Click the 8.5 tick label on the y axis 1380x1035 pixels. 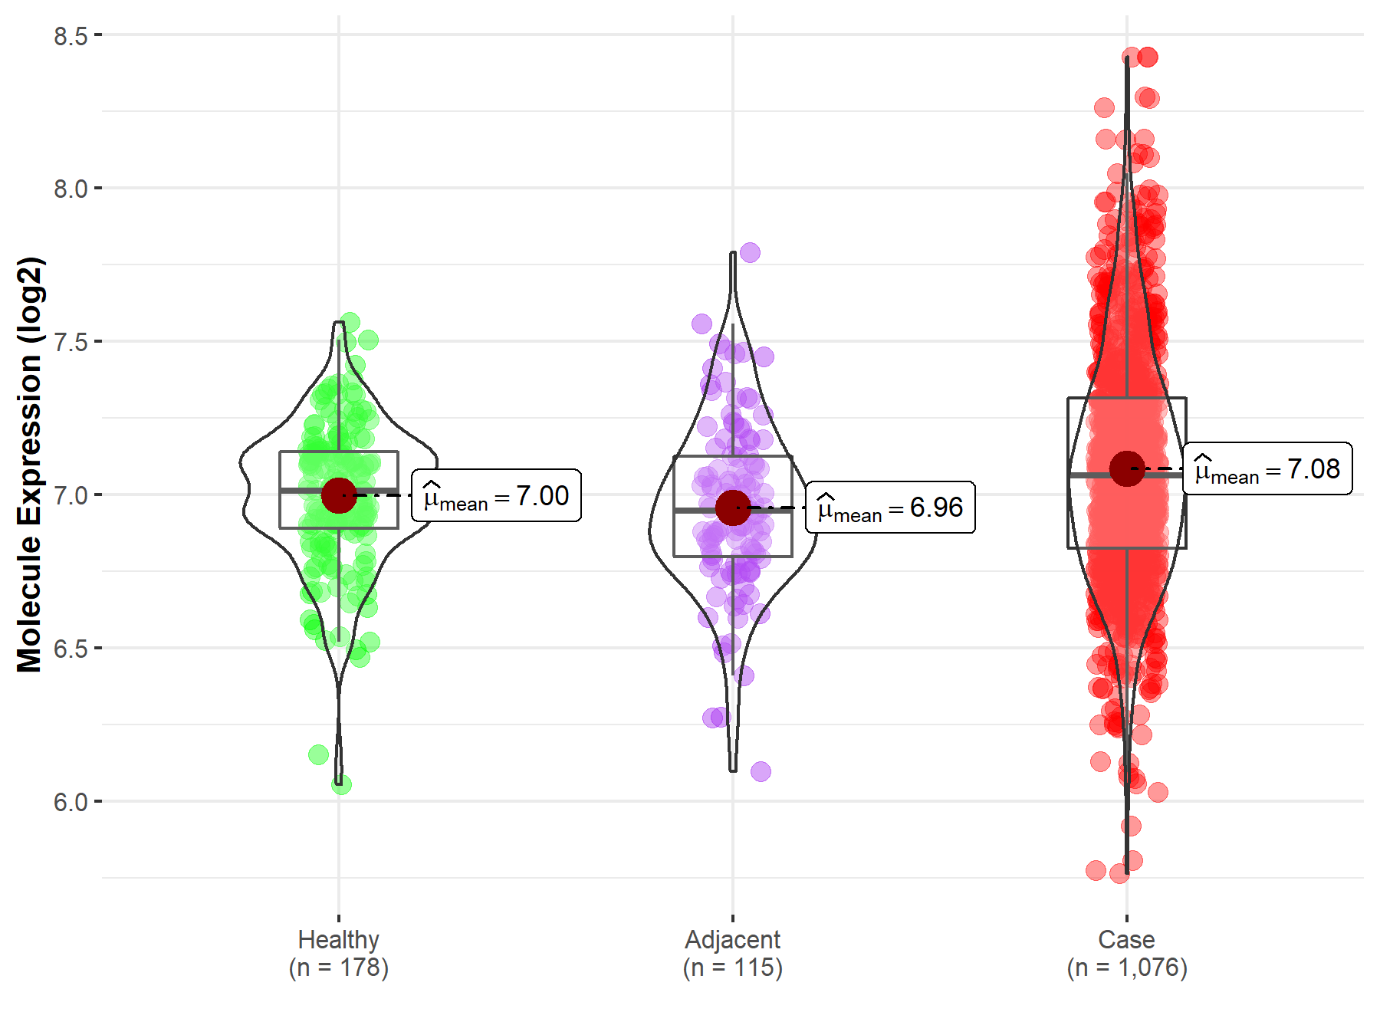click(x=71, y=36)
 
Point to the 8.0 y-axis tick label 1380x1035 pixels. click(x=71, y=189)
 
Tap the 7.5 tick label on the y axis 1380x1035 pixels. click(x=71, y=343)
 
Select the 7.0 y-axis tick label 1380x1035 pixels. click(x=71, y=496)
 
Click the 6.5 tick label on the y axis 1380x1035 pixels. click(x=71, y=649)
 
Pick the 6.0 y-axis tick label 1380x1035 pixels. click(x=71, y=803)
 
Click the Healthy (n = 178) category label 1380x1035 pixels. click(x=339, y=954)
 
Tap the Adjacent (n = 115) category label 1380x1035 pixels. click(x=733, y=954)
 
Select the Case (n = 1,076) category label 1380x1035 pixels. click(x=1127, y=954)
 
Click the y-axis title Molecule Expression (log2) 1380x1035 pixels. click(x=29, y=465)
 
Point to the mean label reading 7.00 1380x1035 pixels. click(x=496, y=496)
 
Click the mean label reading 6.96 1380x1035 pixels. click(x=890, y=508)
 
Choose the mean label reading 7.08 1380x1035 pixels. click(x=1267, y=469)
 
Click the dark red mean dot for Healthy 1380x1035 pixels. click(x=339, y=495)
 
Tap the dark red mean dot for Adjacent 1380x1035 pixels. click(x=733, y=508)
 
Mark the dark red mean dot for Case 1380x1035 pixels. click(x=1127, y=468)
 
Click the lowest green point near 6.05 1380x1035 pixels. click(x=341, y=784)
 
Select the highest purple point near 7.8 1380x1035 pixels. click(x=750, y=252)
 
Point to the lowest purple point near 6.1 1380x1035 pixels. click(x=761, y=771)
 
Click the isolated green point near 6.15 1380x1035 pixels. click(x=318, y=754)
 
